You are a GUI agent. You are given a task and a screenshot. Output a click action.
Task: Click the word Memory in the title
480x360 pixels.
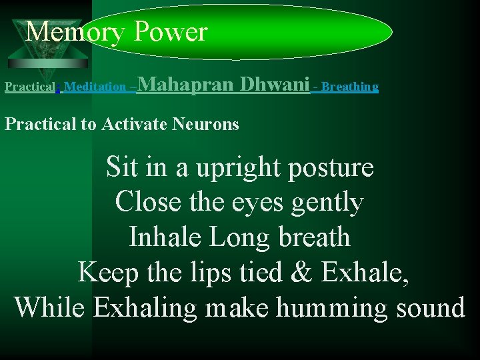75,31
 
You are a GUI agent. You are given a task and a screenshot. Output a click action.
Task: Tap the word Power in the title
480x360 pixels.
170,31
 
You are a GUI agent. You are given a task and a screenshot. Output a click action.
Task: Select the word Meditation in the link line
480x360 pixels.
95,87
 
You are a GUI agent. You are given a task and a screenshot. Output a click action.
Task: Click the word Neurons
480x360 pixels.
208,124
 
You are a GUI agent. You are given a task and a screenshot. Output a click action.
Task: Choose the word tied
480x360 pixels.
265,272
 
